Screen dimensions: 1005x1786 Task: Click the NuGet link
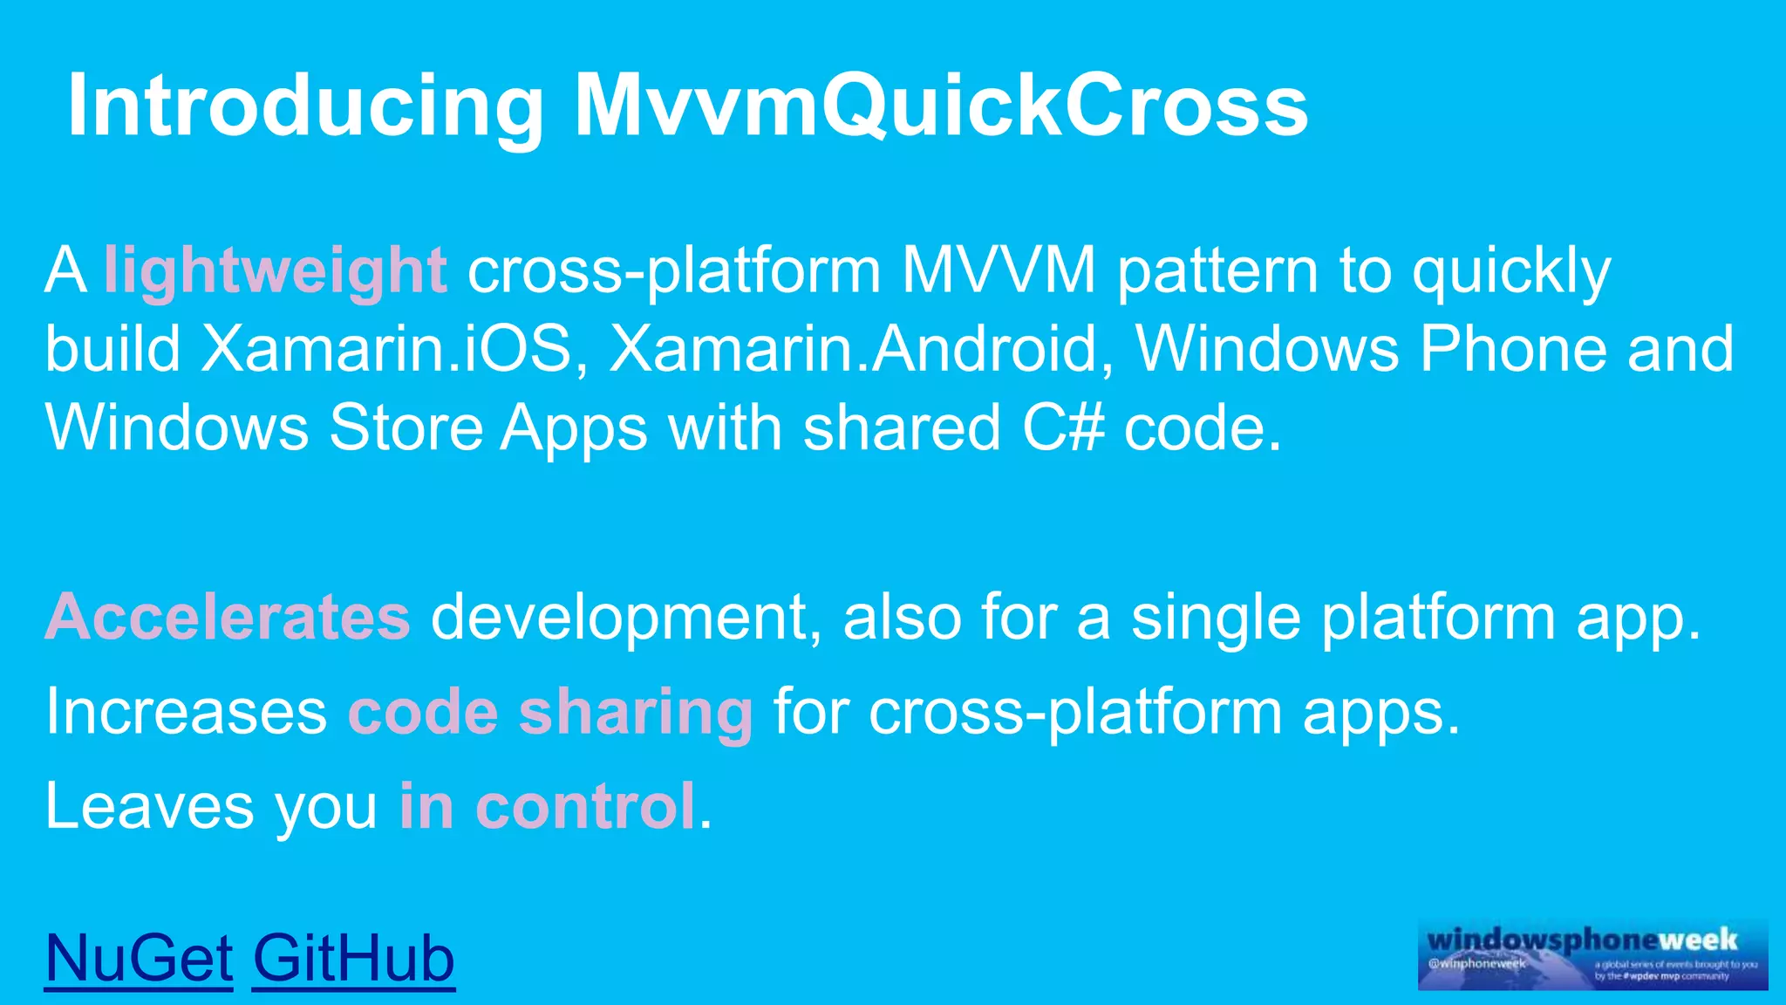click(x=138, y=958)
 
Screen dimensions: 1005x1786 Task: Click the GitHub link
click(x=353, y=958)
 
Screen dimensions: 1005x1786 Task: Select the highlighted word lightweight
click(x=275, y=270)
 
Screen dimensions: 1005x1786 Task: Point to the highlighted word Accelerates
click(x=227, y=617)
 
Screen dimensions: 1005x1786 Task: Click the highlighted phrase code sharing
click(x=549, y=712)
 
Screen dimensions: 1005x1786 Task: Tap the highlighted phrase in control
click(x=548, y=805)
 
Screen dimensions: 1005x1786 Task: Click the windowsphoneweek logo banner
click(x=1592, y=954)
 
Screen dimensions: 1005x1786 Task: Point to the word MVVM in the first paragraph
click(x=998, y=270)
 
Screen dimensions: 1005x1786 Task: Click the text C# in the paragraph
click(x=1063, y=427)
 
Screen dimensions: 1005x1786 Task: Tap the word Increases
click(x=186, y=712)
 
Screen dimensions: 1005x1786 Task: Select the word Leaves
click(x=149, y=805)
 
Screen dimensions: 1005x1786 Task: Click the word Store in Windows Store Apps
click(x=406, y=427)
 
